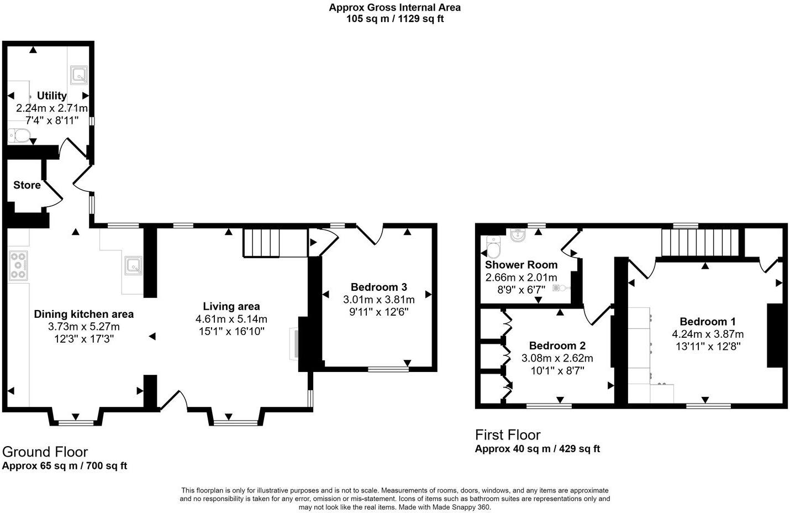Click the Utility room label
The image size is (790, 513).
51,96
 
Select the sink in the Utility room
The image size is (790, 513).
78,75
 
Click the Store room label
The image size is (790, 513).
27,185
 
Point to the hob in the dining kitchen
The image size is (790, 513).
18,265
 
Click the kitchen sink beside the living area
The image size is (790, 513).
133,266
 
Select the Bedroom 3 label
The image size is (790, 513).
378,287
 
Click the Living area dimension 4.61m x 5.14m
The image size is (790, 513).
231,319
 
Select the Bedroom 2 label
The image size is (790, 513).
557,346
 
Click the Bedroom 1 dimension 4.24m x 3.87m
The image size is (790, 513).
708,334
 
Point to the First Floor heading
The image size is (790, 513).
508,435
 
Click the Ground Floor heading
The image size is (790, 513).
45,452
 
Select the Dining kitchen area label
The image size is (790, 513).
84,314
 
